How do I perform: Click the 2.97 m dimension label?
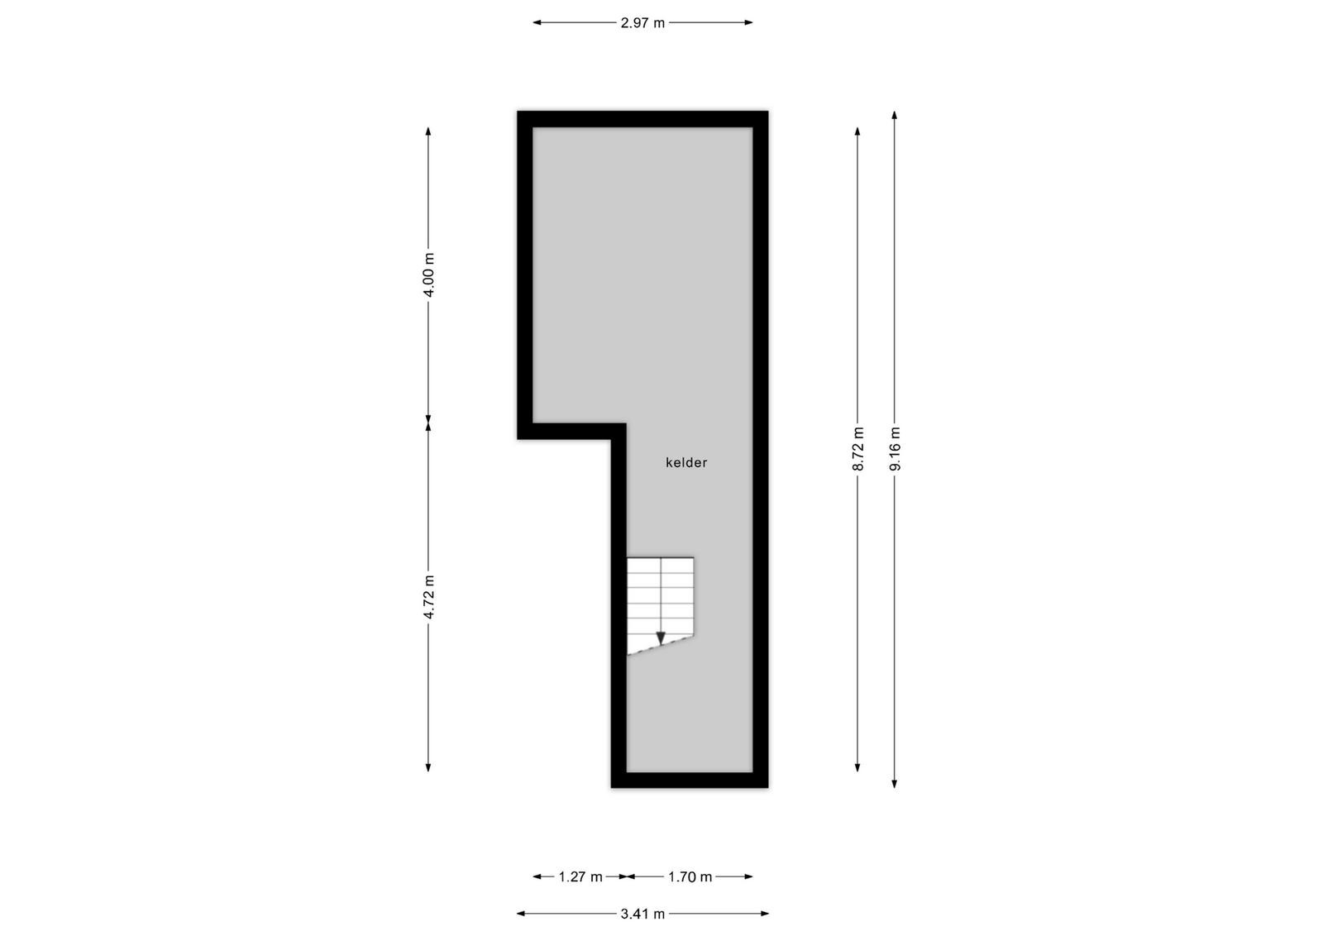click(x=642, y=23)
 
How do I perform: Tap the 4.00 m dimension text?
click(x=429, y=275)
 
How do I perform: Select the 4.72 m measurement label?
click(x=429, y=596)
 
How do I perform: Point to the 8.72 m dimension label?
click(x=858, y=449)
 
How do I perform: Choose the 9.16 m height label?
click(x=895, y=449)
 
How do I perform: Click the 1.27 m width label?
click(x=580, y=877)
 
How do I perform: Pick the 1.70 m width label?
click(x=690, y=877)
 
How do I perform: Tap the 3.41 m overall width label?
click(x=642, y=915)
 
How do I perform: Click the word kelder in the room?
click(x=686, y=462)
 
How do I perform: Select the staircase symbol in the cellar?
click(x=661, y=605)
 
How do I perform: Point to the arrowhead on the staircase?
click(x=661, y=638)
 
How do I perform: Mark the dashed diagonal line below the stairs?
click(x=661, y=646)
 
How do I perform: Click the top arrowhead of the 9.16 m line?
click(x=895, y=115)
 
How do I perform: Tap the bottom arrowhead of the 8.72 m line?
click(x=857, y=767)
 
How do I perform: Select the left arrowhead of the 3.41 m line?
click(x=521, y=914)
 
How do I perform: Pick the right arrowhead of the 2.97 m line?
click(x=748, y=22)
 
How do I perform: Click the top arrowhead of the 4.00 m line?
click(x=428, y=131)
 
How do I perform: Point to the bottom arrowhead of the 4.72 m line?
click(x=428, y=767)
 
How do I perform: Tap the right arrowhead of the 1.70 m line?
click(x=748, y=876)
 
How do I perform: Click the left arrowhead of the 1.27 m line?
click(x=537, y=876)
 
